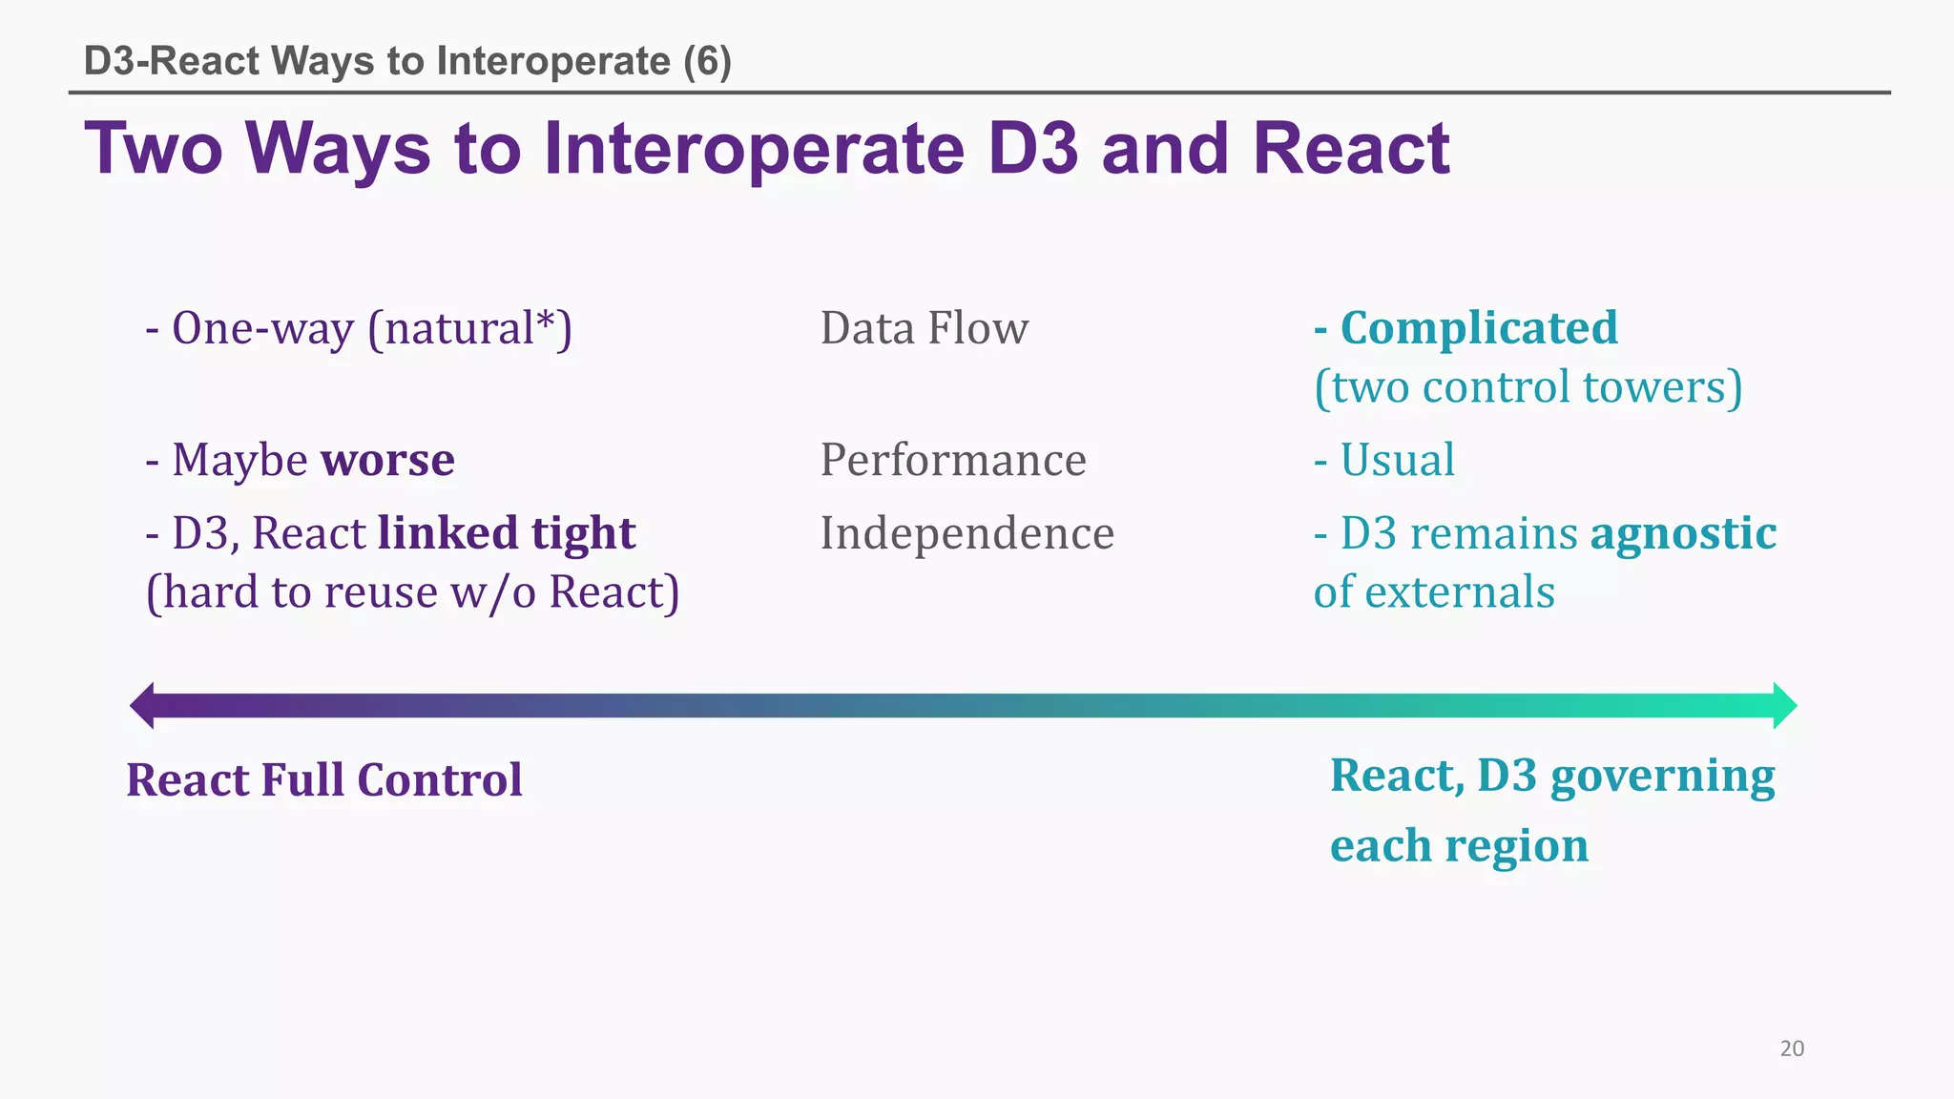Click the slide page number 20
pyautogui.click(x=1792, y=1048)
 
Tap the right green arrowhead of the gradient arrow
pyautogui.click(x=1784, y=706)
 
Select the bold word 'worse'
pyautogui.click(x=387, y=460)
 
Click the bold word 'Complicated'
pyautogui.click(x=1479, y=328)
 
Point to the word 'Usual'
pyautogui.click(x=1397, y=460)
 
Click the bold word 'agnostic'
pyautogui.click(x=1683, y=533)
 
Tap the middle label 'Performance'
pyautogui.click(x=953, y=460)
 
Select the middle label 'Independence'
pyautogui.click(x=967, y=533)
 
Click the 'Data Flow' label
pyautogui.click(x=925, y=328)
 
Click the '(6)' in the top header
pyautogui.click(x=707, y=61)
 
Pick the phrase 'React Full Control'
pyautogui.click(x=324, y=779)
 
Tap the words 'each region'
pyautogui.click(x=1459, y=846)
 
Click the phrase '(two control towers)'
pyautogui.click(x=1528, y=387)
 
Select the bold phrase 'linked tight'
pyautogui.click(x=507, y=533)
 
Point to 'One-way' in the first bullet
pyautogui.click(x=262, y=328)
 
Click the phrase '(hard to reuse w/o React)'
pyautogui.click(x=412, y=592)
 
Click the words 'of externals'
pyautogui.click(x=1434, y=592)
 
